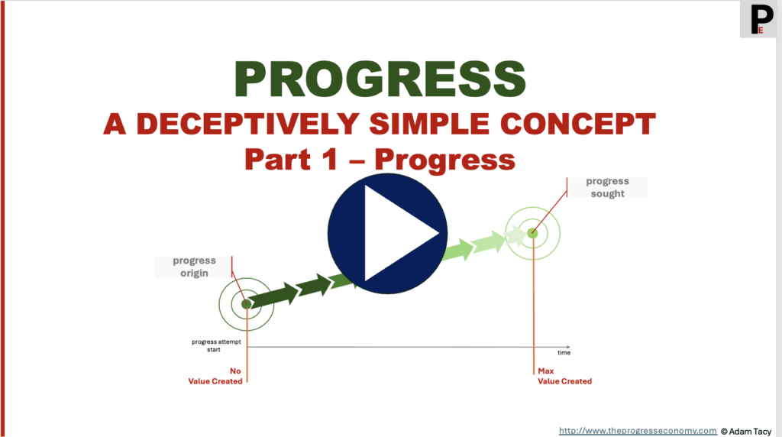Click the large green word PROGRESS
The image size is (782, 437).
click(x=380, y=79)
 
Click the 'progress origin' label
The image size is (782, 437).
click(x=194, y=267)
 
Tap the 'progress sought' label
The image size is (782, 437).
click(x=607, y=187)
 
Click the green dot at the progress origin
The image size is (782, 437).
click(x=246, y=304)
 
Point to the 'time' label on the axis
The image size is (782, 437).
click(x=564, y=353)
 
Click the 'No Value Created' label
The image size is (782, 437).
click(x=215, y=376)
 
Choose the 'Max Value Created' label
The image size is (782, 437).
click(x=564, y=376)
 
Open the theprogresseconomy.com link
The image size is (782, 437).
click(x=638, y=431)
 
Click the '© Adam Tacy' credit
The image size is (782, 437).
click(x=750, y=431)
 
